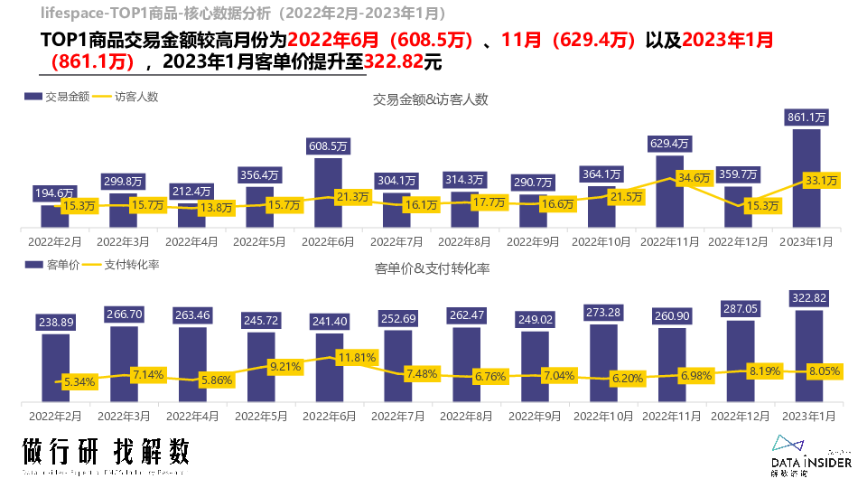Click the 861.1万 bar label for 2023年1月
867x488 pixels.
tap(807, 117)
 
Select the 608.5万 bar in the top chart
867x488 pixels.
tap(328, 192)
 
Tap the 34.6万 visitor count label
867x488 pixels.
tap(694, 178)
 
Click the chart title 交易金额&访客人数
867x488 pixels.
tap(431, 99)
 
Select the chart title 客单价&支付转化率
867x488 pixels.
tap(432, 268)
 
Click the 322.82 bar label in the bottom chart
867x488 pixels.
tap(809, 298)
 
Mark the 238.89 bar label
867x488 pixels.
tap(55, 322)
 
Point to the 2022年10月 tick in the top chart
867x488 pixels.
tap(601, 242)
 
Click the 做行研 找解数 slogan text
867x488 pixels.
tap(106, 451)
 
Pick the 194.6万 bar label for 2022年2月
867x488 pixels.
tap(54, 192)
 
